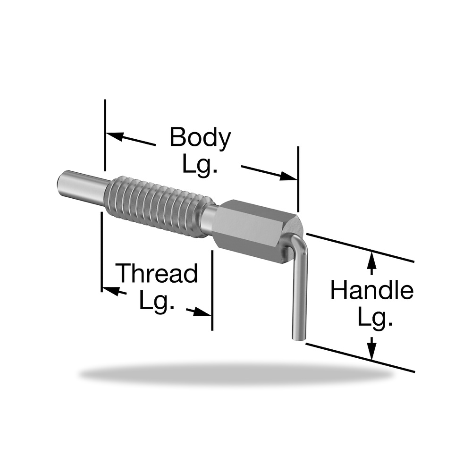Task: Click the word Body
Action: (200, 137)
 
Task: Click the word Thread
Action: (158, 273)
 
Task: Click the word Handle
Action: (372, 290)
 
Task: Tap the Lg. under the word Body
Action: (200, 165)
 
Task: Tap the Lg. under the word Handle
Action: (375, 318)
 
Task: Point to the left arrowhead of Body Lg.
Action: (114, 136)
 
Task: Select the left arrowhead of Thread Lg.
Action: (110, 290)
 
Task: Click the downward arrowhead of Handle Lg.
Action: (372, 352)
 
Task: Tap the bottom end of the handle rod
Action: (298, 338)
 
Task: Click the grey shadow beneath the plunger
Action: (236, 375)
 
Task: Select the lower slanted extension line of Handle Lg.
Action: (360, 357)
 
